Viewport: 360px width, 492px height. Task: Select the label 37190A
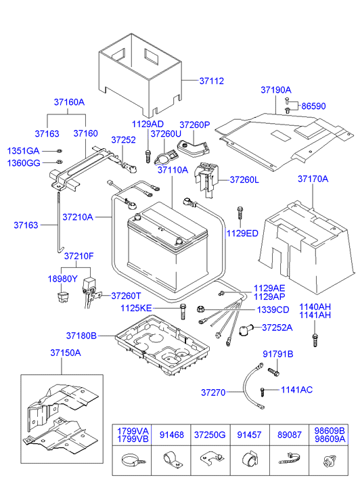(276, 89)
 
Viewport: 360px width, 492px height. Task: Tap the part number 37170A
(313, 179)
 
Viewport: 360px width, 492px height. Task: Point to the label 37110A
(173, 171)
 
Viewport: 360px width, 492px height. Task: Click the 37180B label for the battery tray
(81, 335)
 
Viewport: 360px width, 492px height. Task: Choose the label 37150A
(65, 353)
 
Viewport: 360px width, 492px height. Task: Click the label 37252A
(277, 328)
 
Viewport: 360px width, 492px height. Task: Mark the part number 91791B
(277, 354)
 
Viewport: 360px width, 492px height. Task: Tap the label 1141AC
(296, 390)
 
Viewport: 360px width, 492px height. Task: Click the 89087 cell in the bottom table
(288, 434)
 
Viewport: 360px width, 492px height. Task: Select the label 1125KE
(155, 308)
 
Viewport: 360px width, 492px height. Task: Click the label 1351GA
(24, 150)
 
